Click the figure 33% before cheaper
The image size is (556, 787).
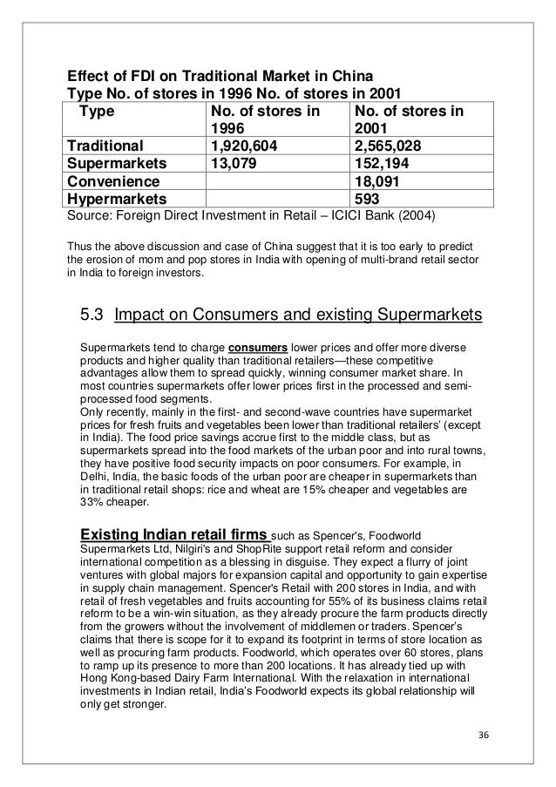pyautogui.click(x=92, y=503)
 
